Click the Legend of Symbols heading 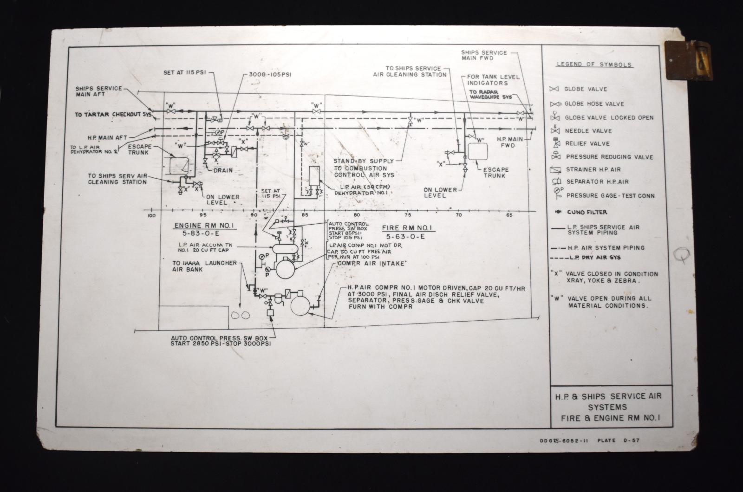click(594, 65)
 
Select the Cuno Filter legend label click(587, 212)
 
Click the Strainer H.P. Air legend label click(593, 169)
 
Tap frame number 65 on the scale click(509, 215)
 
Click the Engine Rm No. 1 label click(199, 226)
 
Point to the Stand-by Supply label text click(363, 161)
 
